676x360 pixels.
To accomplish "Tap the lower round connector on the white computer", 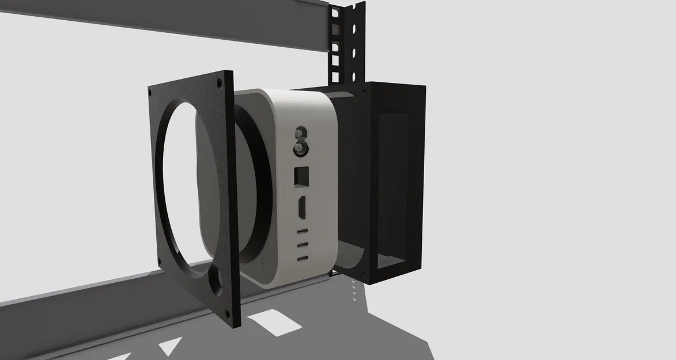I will point(300,150).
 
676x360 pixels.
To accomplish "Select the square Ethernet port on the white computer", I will point(301,176).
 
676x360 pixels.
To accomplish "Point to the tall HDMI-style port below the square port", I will point(301,207).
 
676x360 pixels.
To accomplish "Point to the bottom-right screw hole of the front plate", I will point(229,314).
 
